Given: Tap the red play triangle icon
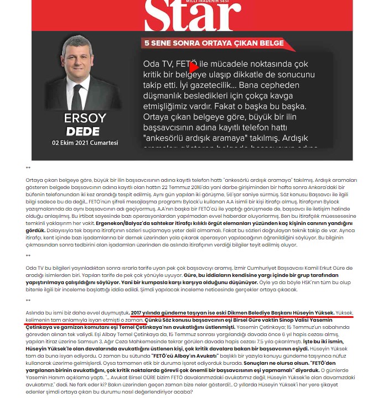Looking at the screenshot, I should click(194, 67).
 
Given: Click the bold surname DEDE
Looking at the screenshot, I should click(82, 131).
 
